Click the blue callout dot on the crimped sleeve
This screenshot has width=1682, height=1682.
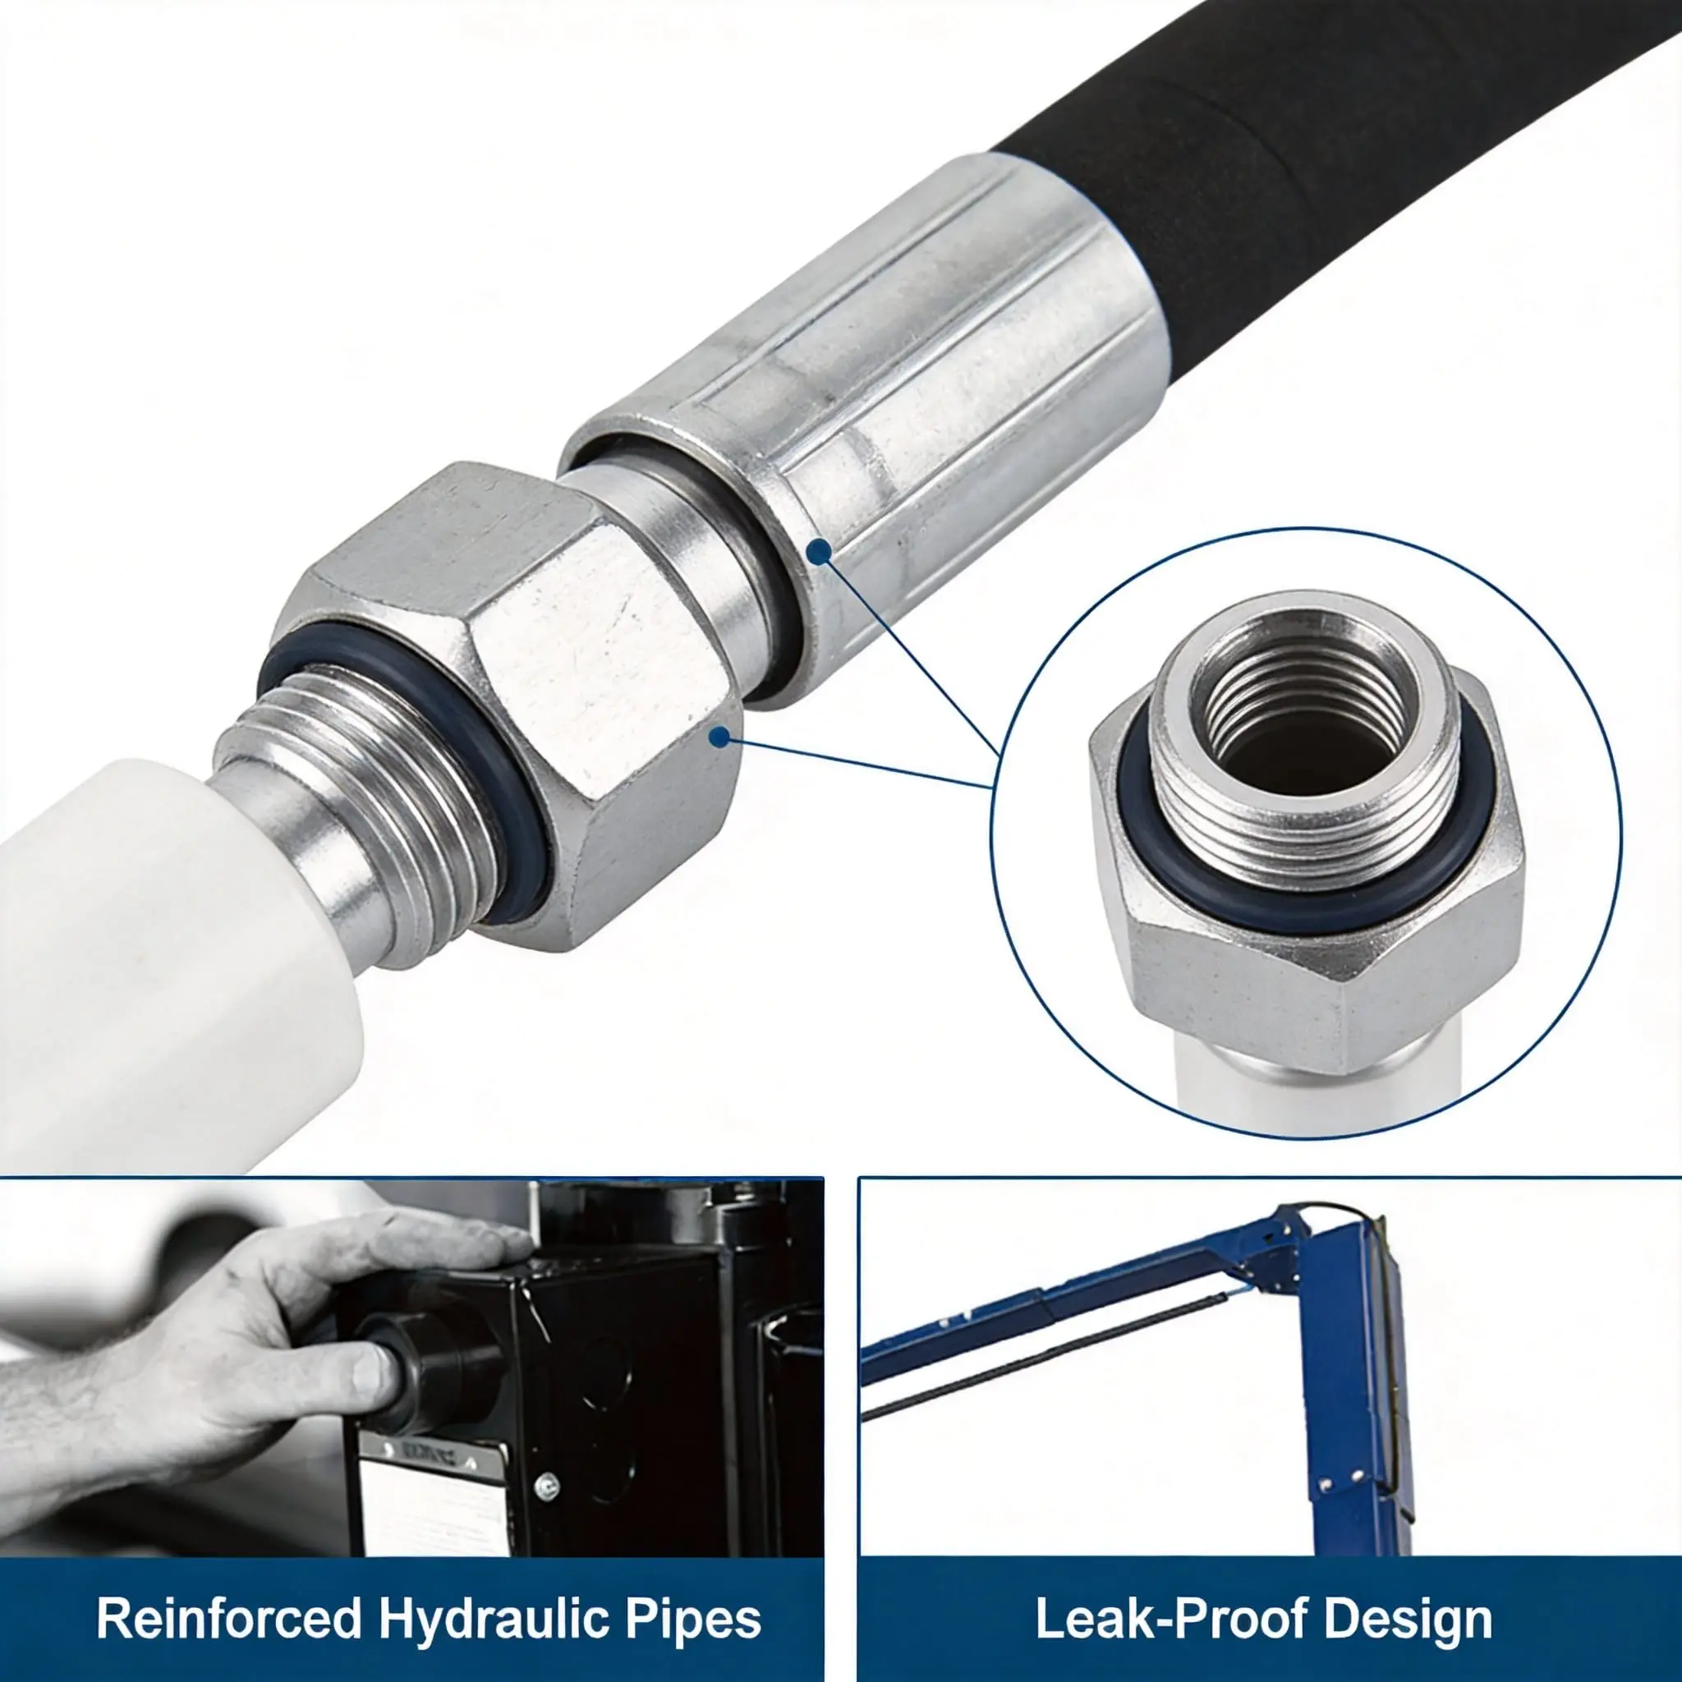[x=818, y=551]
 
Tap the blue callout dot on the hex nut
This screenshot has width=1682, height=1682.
[x=719, y=738]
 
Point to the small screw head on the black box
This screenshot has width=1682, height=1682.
[x=547, y=1485]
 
